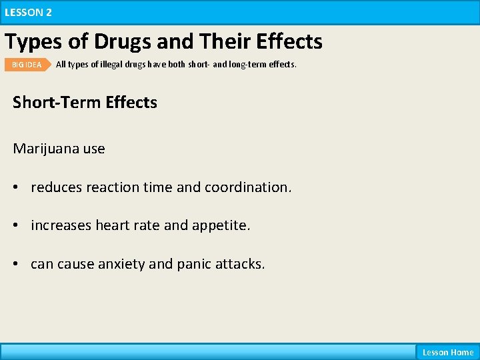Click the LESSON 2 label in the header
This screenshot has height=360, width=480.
click(28, 12)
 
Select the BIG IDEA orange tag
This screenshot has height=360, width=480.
click(27, 65)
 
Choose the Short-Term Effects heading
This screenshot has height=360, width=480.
click(85, 102)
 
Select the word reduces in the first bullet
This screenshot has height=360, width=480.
click(55, 187)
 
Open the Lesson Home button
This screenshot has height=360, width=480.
click(447, 352)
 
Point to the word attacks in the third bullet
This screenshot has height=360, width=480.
click(241, 264)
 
